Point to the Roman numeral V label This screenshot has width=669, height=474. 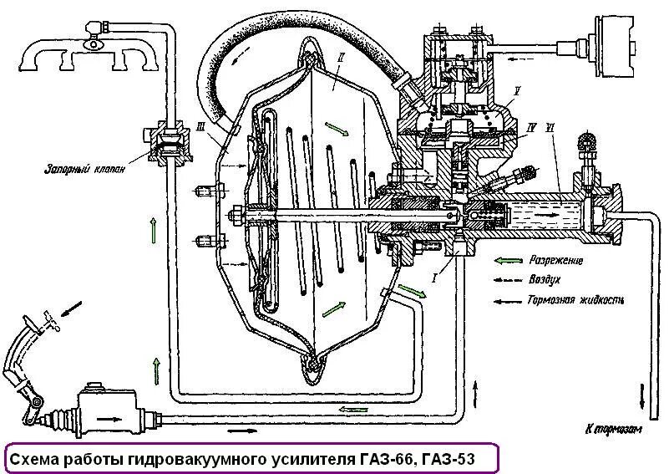[519, 89]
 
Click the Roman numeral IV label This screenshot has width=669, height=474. [530, 127]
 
